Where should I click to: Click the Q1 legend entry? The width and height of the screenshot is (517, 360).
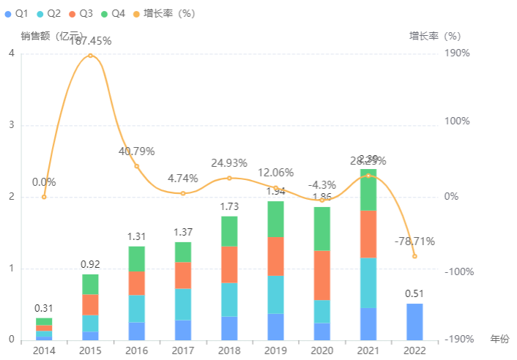16,14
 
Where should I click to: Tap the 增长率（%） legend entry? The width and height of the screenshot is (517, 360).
163,14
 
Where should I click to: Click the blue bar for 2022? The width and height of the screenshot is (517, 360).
414,322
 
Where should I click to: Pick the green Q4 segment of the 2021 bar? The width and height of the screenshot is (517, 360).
368,190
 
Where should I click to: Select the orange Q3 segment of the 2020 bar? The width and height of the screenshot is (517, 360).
322,275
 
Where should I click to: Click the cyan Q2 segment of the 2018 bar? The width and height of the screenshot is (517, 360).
229,299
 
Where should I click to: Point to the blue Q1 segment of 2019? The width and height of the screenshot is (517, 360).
275,326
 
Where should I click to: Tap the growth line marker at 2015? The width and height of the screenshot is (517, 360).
90,56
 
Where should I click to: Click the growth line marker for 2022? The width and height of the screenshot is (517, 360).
414,256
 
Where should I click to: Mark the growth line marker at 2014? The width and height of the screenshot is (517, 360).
44,197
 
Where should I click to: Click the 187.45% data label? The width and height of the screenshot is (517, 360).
90,41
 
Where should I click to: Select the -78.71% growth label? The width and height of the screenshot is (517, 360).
414,241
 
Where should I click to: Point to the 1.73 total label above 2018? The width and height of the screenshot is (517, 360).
229,207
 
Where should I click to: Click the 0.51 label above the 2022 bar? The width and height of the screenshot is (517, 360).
414,294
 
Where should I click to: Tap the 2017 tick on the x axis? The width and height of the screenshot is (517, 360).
183,350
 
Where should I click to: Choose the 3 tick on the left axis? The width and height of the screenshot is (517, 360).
12,125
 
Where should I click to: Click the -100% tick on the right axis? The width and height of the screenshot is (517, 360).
458,271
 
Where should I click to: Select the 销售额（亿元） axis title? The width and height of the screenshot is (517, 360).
48,36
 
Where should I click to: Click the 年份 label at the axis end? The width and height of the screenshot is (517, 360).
499,340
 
